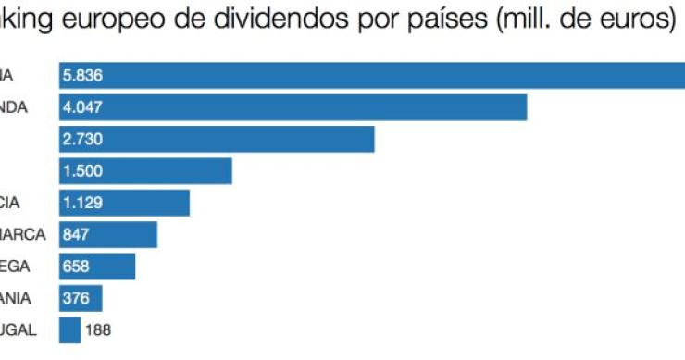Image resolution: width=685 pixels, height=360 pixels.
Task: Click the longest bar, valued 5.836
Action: click(370, 76)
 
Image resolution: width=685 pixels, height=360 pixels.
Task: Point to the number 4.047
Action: click(82, 107)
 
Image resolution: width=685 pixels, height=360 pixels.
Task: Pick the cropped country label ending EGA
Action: click(16, 267)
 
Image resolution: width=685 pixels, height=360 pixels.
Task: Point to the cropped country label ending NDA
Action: click(14, 107)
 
